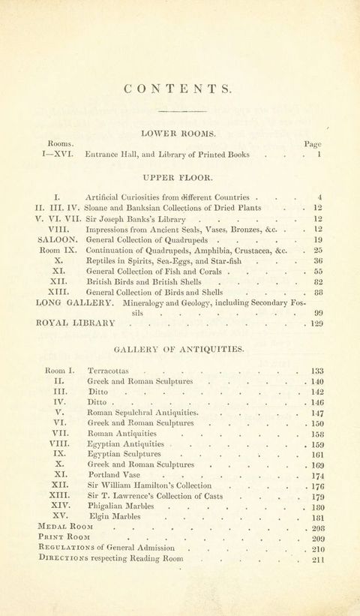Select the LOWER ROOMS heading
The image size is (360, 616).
(x=178, y=134)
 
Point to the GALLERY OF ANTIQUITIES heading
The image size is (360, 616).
(x=179, y=350)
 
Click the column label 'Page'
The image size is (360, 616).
(x=313, y=143)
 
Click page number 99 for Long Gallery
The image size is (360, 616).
(x=318, y=313)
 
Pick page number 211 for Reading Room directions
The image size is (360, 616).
(x=318, y=559)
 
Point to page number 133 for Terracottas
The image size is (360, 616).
(x=316, y=371)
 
